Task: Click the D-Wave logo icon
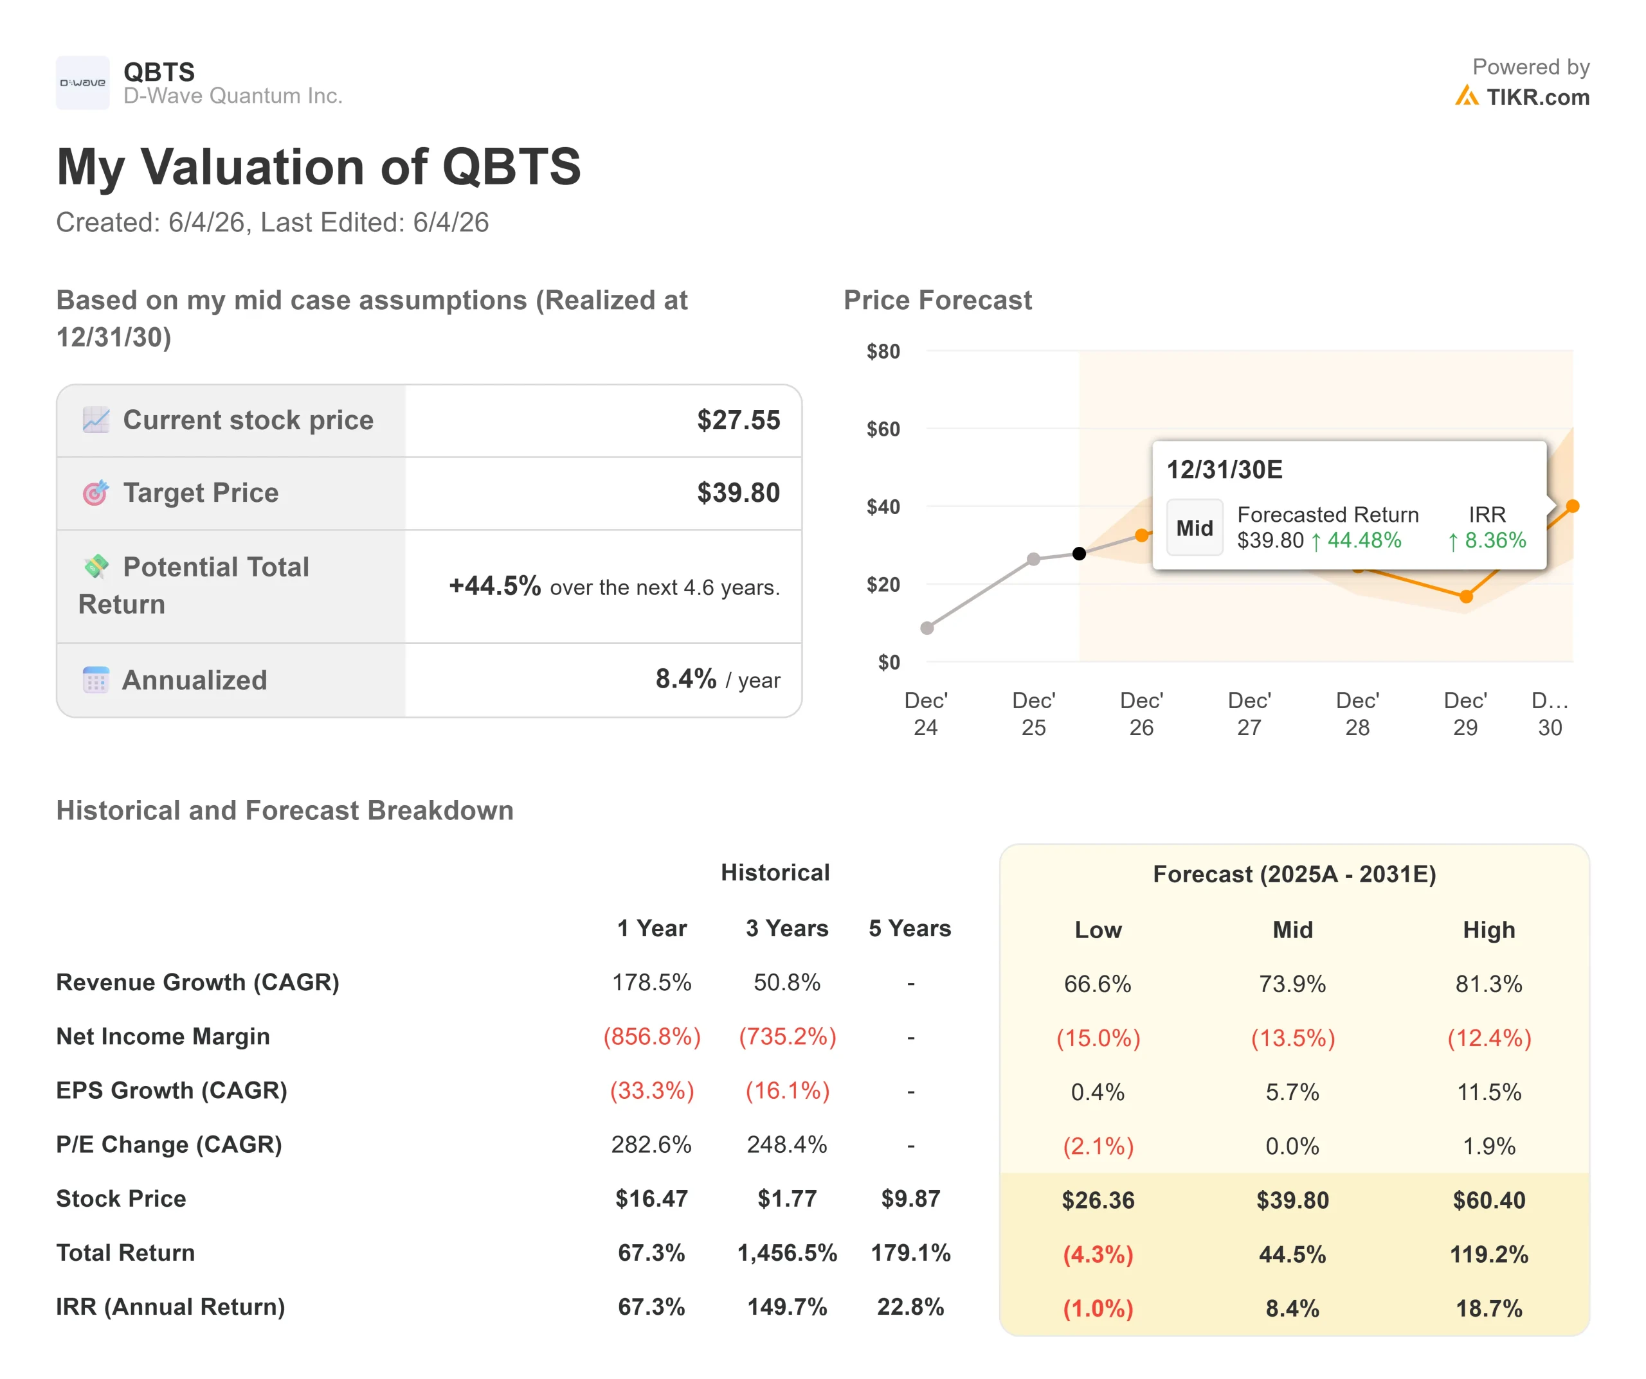[x=82, y=82]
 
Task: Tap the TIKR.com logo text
[x=1538, y=97]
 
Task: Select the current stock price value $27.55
[x=738, y=420]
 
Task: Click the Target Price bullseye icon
[x=96, y=493]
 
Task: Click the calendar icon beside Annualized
[x=96, y=679]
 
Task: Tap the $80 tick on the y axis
[x=883, y=351]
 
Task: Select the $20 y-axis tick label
[x=883, y=585]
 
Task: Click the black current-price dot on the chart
[x=1080, y=554]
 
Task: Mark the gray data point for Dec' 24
[x=927, y=628]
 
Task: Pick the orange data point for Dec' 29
[x=1467, y=596]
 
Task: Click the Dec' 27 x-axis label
[x=1249, y=714]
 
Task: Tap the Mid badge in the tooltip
[x=1195, y=528]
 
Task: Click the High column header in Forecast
[x=1489, y=929]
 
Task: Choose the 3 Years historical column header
[x=787, y=929]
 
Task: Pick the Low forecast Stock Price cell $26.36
[x=1098, y=1200]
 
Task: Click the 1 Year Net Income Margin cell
[x=652, y=1036]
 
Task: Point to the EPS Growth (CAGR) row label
[x=172, y=1090]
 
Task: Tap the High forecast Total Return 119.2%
[x=1489, y=1254]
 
